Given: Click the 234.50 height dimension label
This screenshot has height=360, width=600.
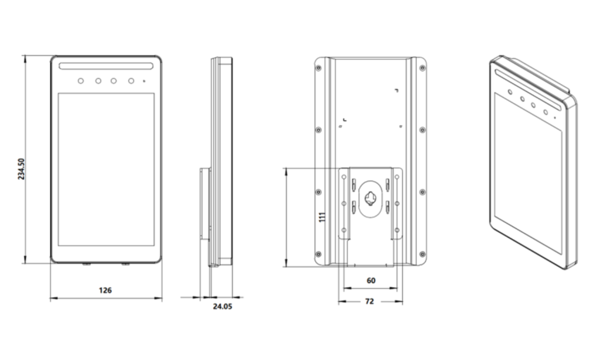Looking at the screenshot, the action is tap(21, 169).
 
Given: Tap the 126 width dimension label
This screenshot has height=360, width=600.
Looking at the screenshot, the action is tap(105, 290).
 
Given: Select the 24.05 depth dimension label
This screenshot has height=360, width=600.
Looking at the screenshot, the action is tap(222, 307).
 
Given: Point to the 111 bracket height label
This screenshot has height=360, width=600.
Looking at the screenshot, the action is tap(322, 217).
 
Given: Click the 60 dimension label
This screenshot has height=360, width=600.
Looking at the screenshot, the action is tap(371, 281).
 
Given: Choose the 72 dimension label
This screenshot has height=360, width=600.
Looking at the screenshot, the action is tap(369, 301).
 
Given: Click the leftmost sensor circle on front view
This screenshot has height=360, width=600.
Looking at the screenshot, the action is tap(81, 81).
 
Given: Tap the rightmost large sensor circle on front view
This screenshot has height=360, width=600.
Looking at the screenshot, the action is tap(131, 81).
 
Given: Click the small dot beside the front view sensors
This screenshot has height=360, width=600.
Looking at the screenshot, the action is tap(144, 81).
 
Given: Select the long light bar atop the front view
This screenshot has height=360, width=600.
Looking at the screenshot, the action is tap(106, 66).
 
